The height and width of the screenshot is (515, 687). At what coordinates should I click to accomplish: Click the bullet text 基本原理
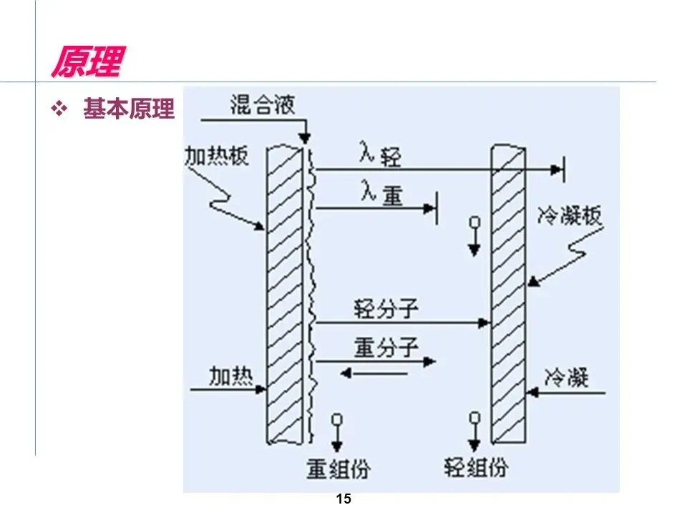[x=129, y=109]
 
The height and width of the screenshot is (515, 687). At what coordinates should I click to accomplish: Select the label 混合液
[x=262, y=105]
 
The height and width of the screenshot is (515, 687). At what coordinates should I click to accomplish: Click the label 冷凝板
[x=570, y=215]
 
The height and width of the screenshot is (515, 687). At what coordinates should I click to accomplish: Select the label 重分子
[x=386, y=348]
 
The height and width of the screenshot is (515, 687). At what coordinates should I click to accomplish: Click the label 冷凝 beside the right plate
[x=566, y=377]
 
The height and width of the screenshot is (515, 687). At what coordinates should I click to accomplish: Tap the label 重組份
[x=338, y=469]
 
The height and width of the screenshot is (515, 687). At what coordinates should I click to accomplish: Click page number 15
[x=343, y=499]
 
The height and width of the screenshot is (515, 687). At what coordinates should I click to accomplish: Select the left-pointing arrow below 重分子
[x=373, y=373]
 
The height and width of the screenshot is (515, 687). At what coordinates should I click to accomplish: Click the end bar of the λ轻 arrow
[x=563, y=170]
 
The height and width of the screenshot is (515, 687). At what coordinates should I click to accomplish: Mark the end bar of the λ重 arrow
[x=437, y=208]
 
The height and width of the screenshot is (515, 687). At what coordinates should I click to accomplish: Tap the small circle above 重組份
[x=338, y=419]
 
